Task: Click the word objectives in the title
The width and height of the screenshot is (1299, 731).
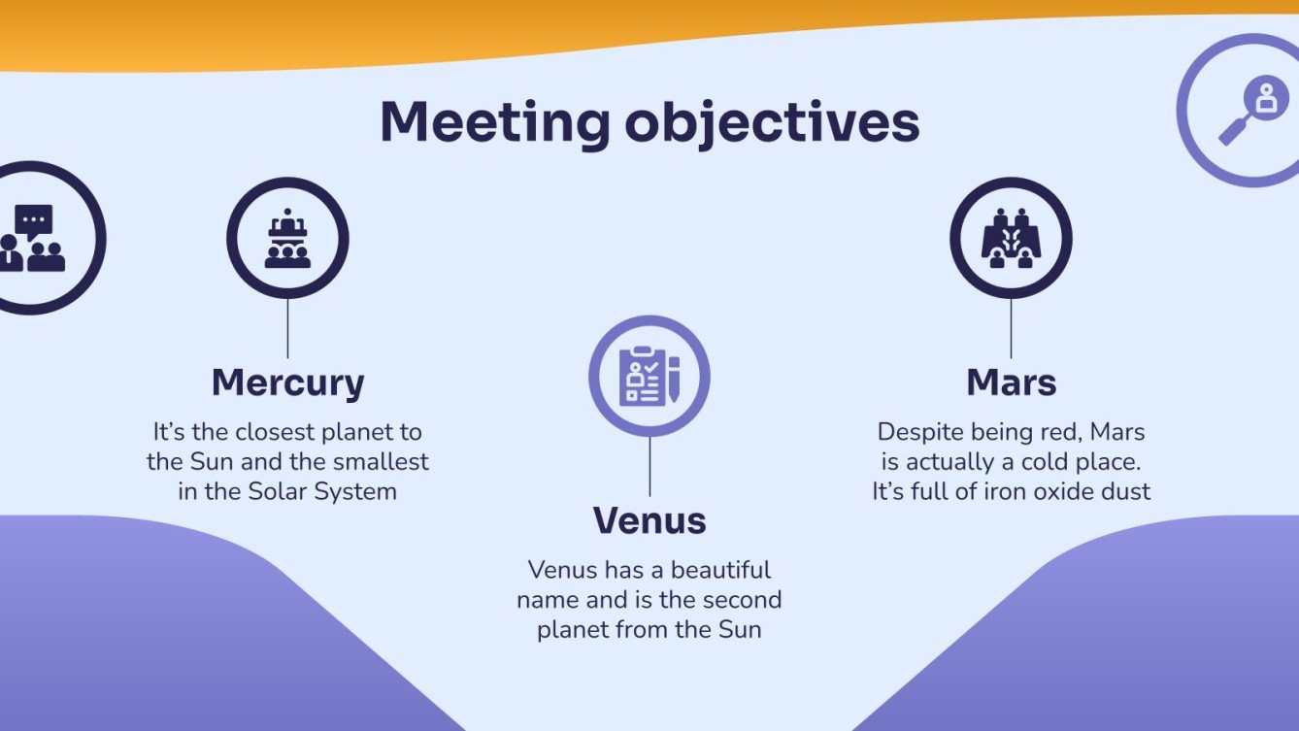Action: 772,123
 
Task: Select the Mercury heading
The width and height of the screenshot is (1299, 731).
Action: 287,382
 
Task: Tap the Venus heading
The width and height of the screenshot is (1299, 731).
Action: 649,521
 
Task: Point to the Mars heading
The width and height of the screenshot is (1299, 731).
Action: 1011,382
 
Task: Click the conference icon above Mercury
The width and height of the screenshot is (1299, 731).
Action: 287,239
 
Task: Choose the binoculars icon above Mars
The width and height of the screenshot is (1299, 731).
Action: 1011,239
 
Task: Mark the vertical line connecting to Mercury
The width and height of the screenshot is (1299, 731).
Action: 287,328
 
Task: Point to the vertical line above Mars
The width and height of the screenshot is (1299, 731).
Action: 1011,328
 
